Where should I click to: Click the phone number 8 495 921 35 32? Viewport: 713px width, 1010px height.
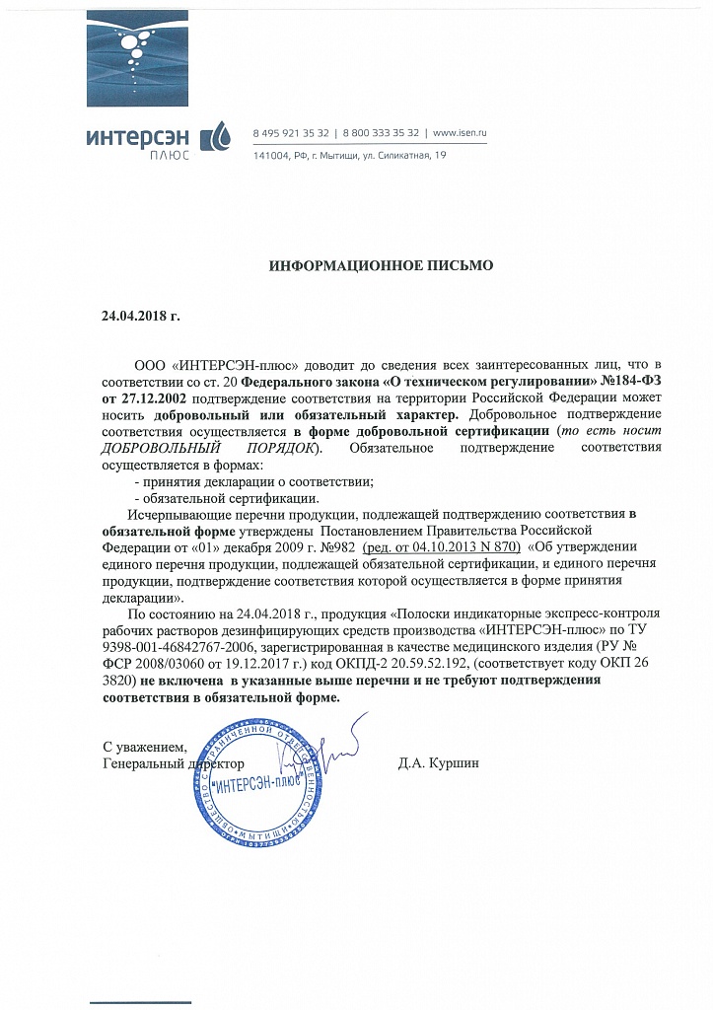click(291, 132)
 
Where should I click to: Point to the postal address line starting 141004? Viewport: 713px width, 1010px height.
click(350, 156)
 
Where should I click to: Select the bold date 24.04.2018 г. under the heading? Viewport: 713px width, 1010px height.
click(141, 317)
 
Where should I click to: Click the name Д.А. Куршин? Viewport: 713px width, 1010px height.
click(438, 763)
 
